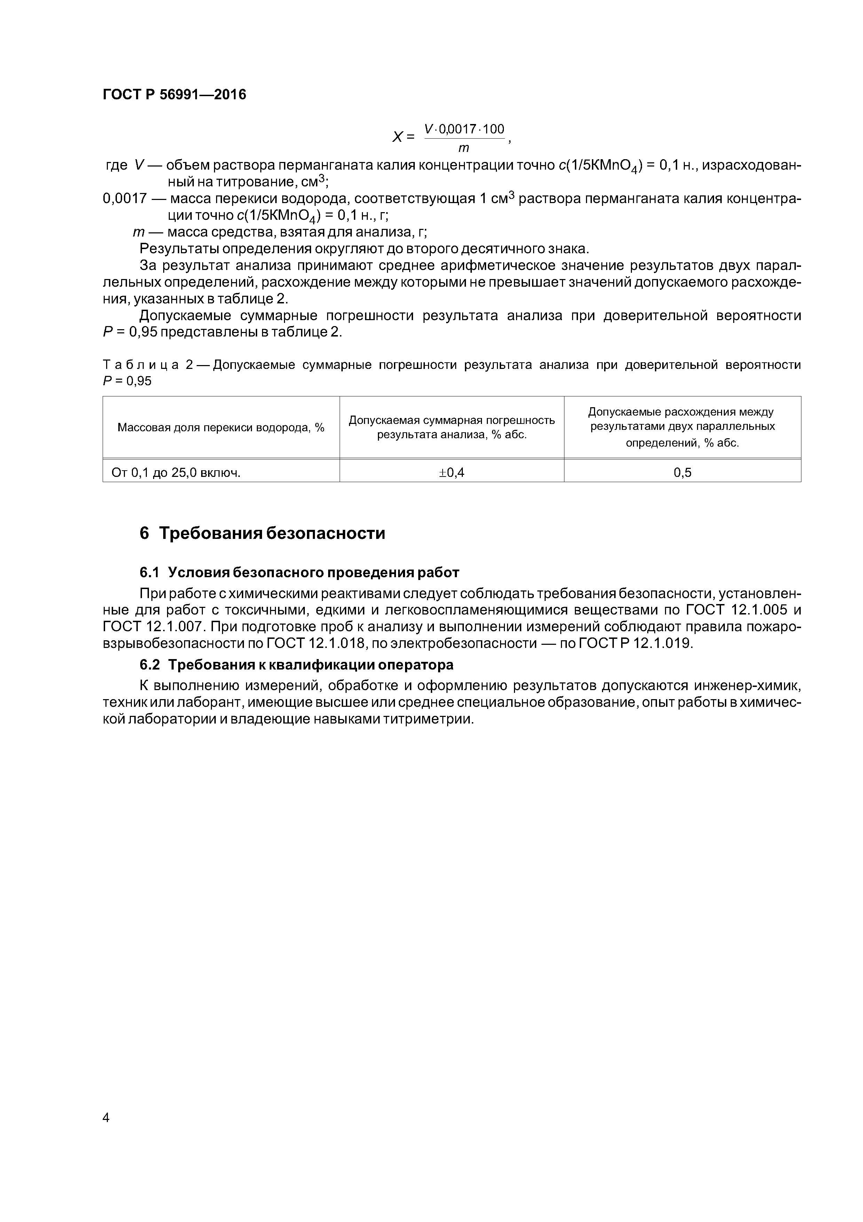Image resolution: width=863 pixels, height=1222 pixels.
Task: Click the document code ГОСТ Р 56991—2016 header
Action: pos(174,95)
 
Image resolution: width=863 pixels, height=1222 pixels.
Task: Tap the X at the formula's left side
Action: pos(397,137)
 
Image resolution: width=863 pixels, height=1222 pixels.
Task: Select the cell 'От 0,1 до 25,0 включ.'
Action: pos(176,472)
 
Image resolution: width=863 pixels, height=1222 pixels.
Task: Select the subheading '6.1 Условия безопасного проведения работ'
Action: pos(299,572)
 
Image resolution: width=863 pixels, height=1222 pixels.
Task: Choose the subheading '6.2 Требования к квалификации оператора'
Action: pos(297,665)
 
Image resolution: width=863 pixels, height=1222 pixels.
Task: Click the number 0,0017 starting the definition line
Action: pos(125,199)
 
